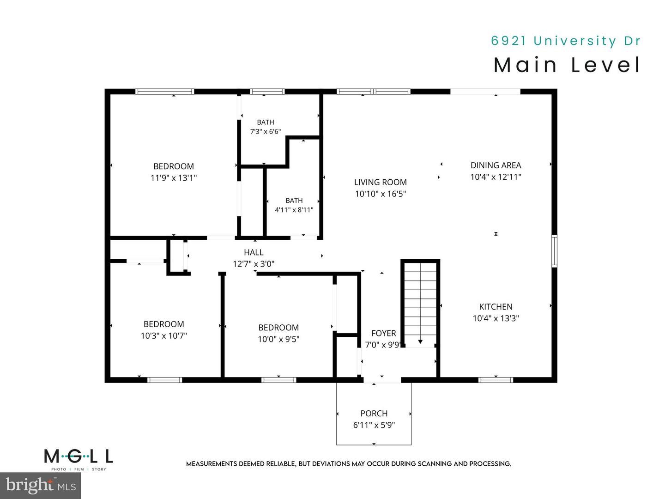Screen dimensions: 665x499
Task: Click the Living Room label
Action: pyautogui.click(x=380, y=182)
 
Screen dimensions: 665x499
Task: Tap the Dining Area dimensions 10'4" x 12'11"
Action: pyautogui.click(x=496, y=176)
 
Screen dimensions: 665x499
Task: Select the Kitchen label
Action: pyautogui.click(x=496, y=307)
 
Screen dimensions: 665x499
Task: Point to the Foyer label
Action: pyautogui.click(x=384, y=333)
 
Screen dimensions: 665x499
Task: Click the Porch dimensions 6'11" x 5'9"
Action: pyautogui.click(x=374, y=425)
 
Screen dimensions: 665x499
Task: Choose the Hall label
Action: pyautogui.click(x=254, y=252)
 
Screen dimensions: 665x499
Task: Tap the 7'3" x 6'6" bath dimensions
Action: pyautogui.click(x=266, y=132)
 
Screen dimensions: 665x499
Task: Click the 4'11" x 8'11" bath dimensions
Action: pyautogui.click(x=294, y=210)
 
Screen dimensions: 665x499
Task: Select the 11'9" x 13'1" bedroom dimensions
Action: pyautogui.click(x=174, y=177)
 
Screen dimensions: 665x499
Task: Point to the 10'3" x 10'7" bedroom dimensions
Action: pyautogui.click(x=163, y=336)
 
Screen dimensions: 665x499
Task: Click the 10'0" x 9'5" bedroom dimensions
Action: pyautogui.click(x=278, y=339)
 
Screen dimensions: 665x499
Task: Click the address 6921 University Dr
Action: pyautogui.click(x=565, y=41)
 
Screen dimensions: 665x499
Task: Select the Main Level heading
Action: pyautogui.click(x=567, y=65)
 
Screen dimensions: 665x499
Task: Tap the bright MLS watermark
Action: pyautogui.click(x=41, y=486)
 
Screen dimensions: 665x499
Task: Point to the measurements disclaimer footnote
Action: pyautogui.click(x=348, y=464)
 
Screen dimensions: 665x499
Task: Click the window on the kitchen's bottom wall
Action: pyautogui.click(x=496, y=380)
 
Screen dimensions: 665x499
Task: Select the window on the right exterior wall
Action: pyautogui.click(x=554, y=251)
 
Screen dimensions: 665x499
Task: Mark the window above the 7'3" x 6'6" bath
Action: pyautogui.click(x=267, y=91)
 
